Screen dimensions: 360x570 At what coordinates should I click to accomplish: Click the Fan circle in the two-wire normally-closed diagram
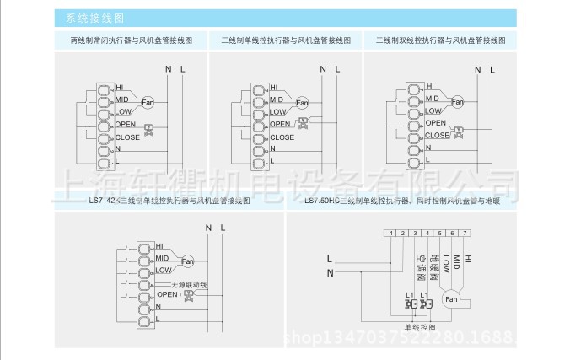(x=148, y=103)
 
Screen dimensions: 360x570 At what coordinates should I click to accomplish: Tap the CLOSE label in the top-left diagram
(x=128, y=137)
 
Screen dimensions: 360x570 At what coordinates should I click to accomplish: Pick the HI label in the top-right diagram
(x=430, y=86)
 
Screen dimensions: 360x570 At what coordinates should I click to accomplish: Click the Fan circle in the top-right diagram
(x=458, y=103)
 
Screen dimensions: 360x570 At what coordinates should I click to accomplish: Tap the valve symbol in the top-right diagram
(x=460, y=132)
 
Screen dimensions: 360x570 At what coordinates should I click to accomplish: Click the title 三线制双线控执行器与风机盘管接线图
(x=438, y=40)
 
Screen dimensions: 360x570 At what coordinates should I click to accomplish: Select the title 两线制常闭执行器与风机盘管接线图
(x=126, y=40)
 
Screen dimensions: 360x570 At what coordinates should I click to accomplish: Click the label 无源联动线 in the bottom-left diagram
(x=188, y=285)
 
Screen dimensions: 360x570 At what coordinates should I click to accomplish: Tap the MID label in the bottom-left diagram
(x=162, y=257)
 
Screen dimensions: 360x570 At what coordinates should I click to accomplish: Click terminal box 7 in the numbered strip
(x=465, y=233)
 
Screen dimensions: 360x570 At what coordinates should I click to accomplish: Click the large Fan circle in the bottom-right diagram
(x=450, y=299)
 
